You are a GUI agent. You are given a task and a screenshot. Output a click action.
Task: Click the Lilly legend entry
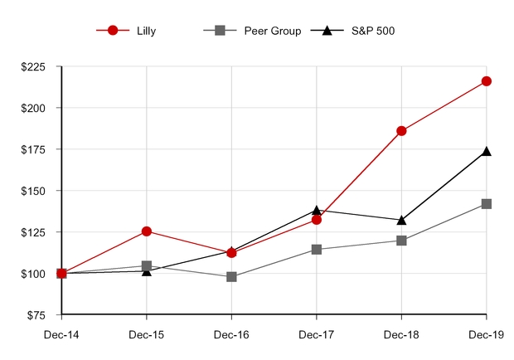tap(133, 31)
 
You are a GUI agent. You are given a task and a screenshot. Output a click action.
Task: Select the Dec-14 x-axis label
tap(61, 335)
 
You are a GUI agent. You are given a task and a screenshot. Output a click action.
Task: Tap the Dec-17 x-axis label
tap(316, 335)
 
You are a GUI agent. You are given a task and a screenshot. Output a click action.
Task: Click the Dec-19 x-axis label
tap(486, 335)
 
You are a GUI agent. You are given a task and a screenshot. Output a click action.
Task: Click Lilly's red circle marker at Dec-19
tap(487, 81)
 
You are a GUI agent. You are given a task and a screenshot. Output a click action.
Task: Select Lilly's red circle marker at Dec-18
tap(401, 131)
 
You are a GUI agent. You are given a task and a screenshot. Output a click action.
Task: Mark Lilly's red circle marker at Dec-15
tap(147, 231)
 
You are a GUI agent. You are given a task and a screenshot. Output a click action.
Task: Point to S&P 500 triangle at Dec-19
tap(487, 152)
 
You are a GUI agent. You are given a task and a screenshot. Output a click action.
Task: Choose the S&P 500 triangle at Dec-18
tap(401, 220)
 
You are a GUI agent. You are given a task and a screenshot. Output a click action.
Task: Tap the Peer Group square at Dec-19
tap(487, 204)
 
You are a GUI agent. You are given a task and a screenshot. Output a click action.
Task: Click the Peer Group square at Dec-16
tap(231, 277)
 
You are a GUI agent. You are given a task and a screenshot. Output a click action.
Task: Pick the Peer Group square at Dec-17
tap(316, 250)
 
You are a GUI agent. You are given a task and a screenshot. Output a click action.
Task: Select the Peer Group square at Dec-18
tap(401, 241)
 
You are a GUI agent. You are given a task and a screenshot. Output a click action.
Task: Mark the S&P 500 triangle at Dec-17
tap(316, 211)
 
